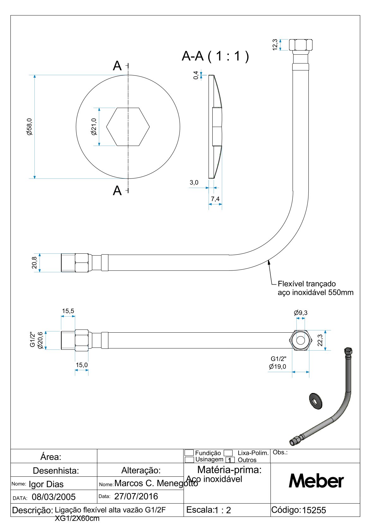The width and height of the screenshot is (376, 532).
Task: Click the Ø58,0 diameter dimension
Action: coord(29,127)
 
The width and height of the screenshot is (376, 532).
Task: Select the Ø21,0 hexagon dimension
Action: coord(94,127)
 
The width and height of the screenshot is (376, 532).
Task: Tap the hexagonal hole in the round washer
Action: coord(128,127)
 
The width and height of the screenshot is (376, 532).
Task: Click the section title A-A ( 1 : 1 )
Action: coord(215,56)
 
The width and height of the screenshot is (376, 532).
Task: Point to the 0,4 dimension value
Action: coord(196,75)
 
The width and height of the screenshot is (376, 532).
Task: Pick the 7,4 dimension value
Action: coord(215,199)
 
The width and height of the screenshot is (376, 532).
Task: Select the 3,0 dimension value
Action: coord(194,183)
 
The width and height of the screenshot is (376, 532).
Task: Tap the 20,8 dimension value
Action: coord(34,263)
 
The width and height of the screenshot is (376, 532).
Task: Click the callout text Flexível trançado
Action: coord(306,284)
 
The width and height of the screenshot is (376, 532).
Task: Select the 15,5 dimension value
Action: coord(68,311)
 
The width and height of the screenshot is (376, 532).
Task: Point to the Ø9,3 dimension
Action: coord(300,313)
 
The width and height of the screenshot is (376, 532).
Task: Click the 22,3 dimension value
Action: coord(320,340)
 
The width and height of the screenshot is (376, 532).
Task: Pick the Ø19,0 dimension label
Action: coord(277,366)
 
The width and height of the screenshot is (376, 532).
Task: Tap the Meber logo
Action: coord(316,481)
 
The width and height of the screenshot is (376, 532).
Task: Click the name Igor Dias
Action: coord(46,484)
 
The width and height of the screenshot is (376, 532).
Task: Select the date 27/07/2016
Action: coord(136,496)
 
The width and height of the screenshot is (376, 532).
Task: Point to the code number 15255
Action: coord(314,510)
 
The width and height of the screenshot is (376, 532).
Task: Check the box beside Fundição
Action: coord(189,453)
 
